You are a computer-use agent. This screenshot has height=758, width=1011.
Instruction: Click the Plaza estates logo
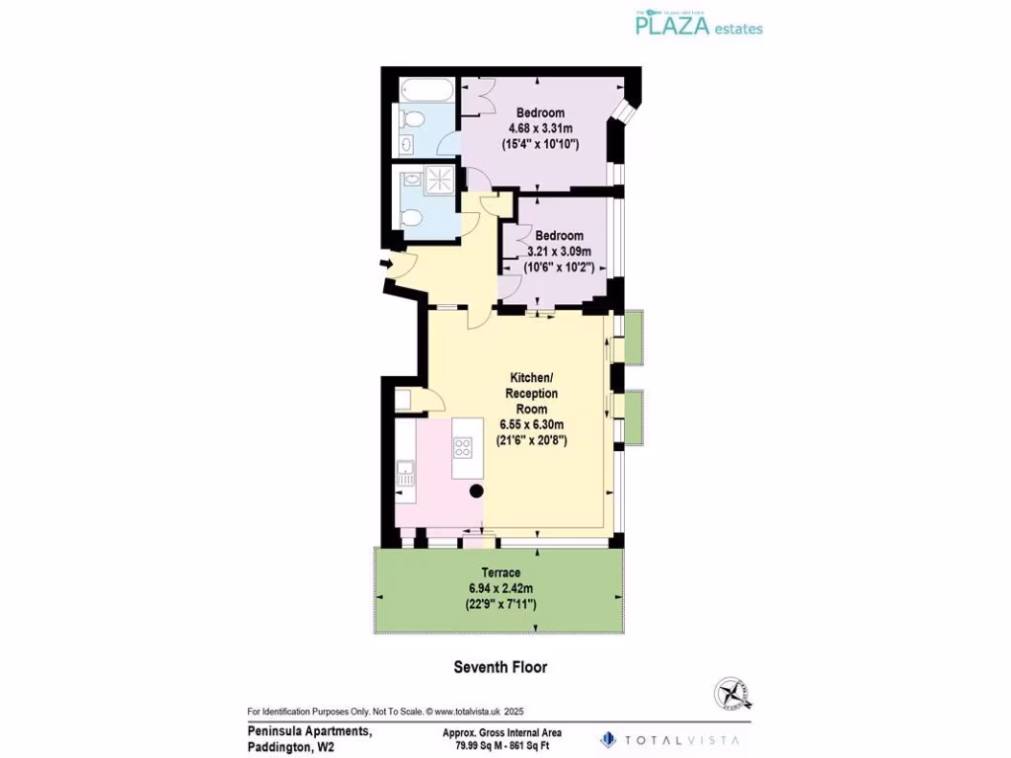click(697, 23)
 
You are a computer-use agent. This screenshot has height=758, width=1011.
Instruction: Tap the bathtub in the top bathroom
click(427, 93)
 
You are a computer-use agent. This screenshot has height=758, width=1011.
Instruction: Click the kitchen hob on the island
click(463, 447)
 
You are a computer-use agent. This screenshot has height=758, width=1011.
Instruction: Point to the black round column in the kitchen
click(476, 491)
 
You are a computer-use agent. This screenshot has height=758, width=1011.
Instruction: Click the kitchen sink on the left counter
click(405, 472)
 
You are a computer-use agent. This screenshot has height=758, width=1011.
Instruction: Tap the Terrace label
click(501, 572)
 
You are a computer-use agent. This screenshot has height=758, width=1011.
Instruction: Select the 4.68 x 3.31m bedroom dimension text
click(541, 128)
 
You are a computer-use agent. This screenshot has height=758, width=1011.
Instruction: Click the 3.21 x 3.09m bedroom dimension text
click(560, 251)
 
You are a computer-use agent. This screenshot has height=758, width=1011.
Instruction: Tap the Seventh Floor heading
click(500, 667)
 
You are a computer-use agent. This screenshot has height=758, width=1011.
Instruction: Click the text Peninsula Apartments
click(309, 731)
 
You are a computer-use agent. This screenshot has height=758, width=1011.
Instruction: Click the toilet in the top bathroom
click(413, 120)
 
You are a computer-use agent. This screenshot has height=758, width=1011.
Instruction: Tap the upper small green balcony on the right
click(633, 336)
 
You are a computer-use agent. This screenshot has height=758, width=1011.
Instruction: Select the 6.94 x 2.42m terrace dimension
click(502, 588)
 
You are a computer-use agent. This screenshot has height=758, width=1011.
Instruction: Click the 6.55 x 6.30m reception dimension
click(531, 424)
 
